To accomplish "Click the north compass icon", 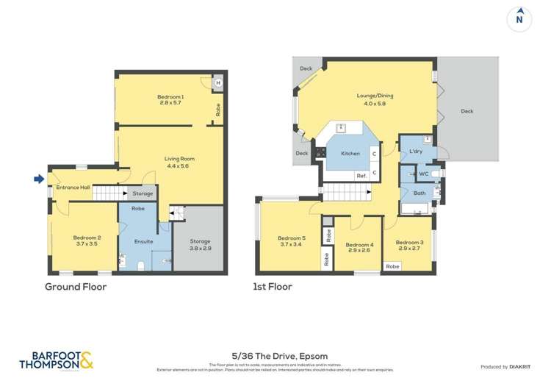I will point(519,18).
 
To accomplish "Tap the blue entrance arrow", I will point(38,178).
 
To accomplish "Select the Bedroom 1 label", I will point(170,97).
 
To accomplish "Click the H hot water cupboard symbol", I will point(218,83).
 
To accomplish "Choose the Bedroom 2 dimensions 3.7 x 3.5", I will point(86,243).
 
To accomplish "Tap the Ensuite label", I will point(144,241).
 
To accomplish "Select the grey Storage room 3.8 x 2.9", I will point(200,245).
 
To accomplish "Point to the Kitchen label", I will point(350,154).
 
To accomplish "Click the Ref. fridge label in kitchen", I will point(361,175).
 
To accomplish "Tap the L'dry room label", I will point(416,151).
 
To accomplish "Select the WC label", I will point(423,174).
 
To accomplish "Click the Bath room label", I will point(419,193).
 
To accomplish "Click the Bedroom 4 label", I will point(359,245).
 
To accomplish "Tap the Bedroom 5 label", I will point(291,238).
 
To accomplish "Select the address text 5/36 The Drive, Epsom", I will point(275,357).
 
